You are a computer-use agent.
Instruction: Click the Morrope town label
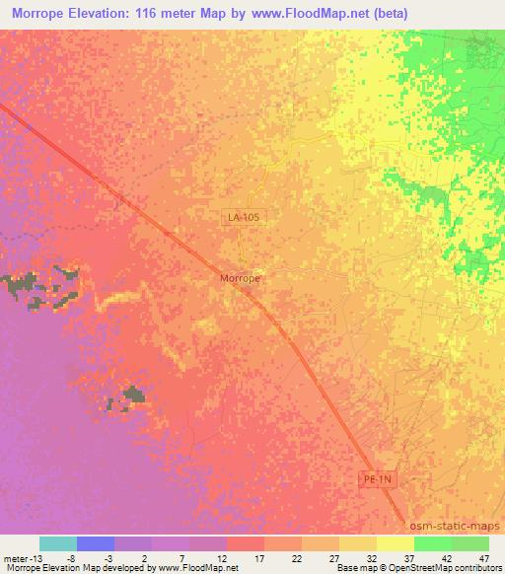240,279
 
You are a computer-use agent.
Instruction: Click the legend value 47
485,557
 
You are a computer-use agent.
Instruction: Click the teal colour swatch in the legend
58,543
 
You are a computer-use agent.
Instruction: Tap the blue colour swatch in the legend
96,543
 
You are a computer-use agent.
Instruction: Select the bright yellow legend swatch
395,543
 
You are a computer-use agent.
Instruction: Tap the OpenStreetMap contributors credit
446,568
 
